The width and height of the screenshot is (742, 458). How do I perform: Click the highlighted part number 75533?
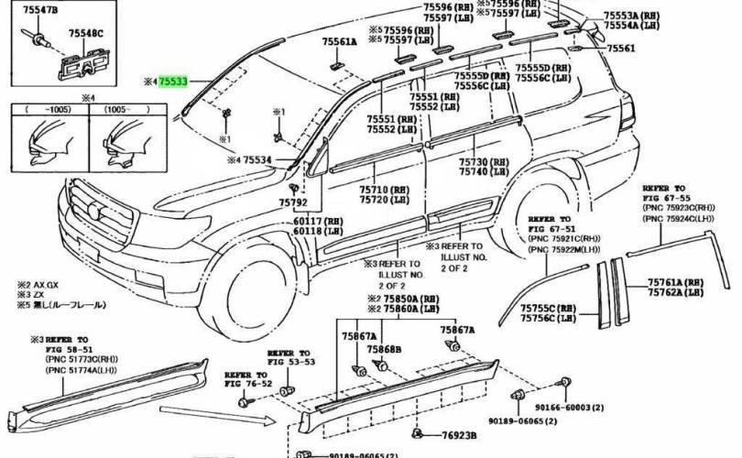173,82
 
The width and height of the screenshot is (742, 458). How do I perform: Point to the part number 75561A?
340,42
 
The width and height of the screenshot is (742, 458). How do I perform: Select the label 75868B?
385,350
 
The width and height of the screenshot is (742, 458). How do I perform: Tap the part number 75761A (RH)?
676,282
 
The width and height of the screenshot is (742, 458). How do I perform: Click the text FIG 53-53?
290,362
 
